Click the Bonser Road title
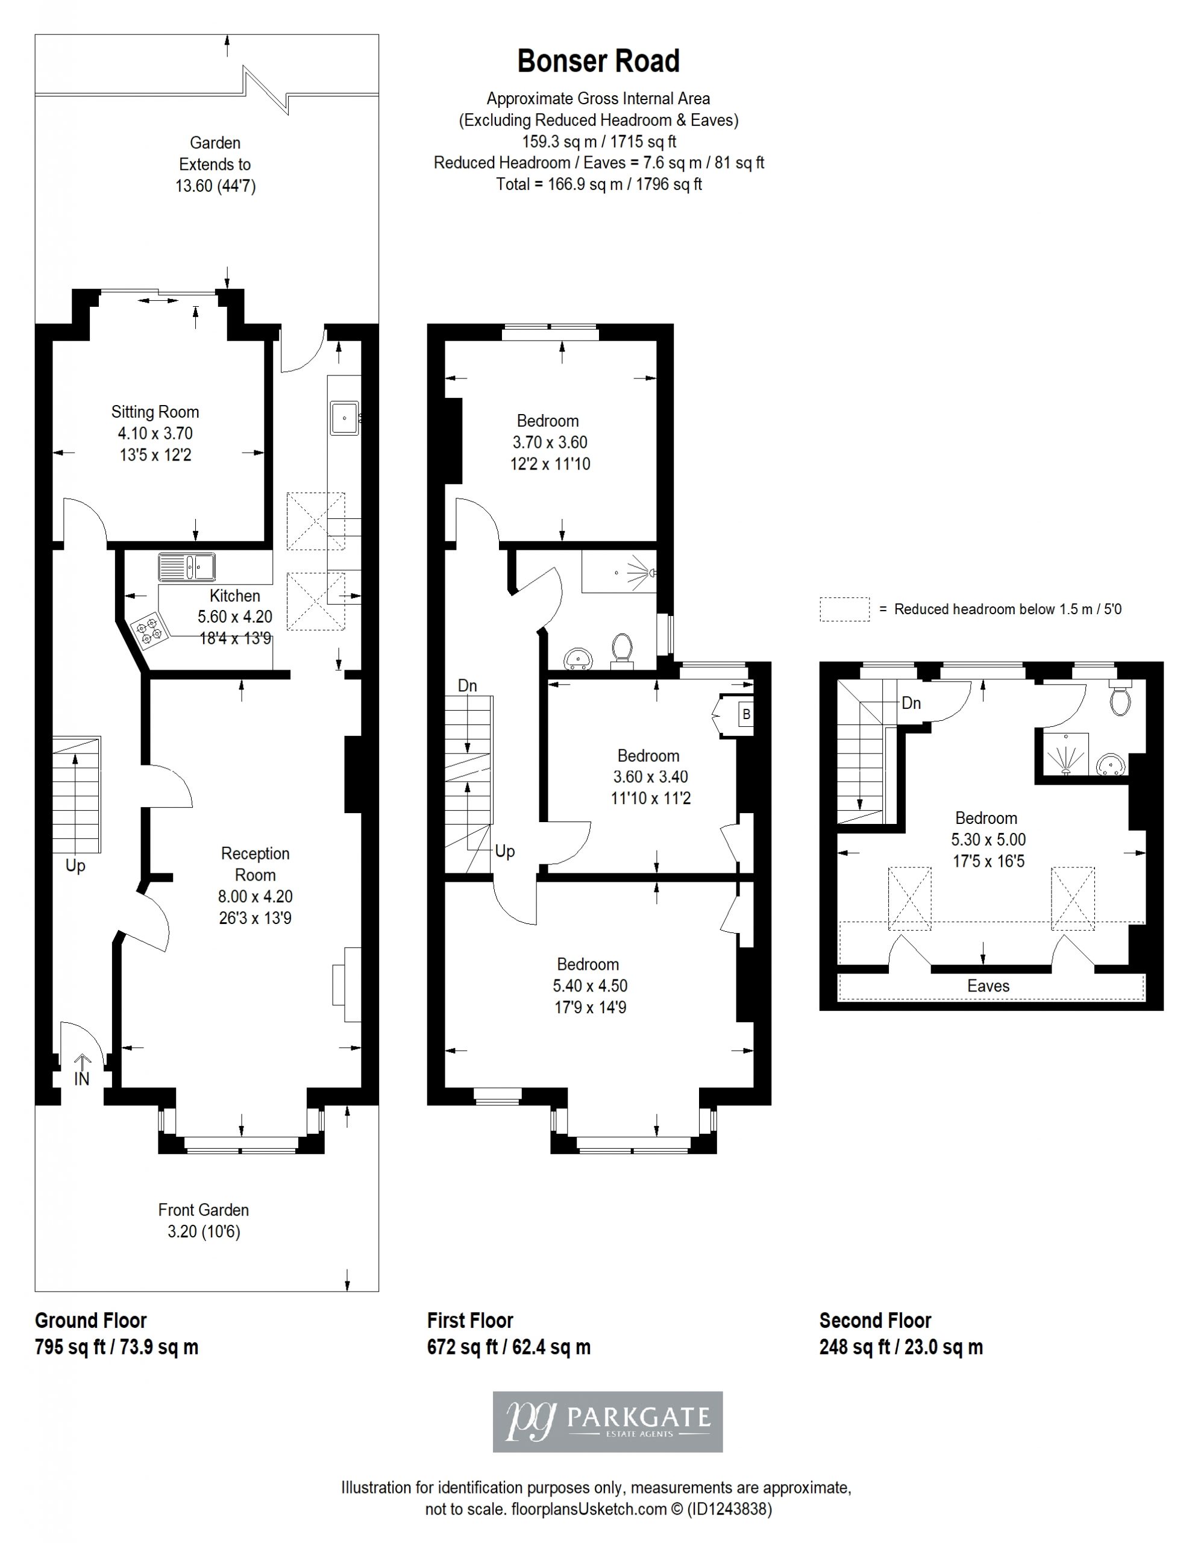(598, 61)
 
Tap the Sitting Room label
(155, 412)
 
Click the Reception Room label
(255, 864)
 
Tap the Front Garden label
(204, 1210)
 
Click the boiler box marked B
(746, 714)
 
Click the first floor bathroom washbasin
(579, 658)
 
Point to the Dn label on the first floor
(468, 685)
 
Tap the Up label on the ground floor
(75, 866)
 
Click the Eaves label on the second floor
(988, 985)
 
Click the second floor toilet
(1120, 698)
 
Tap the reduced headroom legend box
(844, 609)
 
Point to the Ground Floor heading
(90, 1321)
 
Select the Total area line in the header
(599, 184)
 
